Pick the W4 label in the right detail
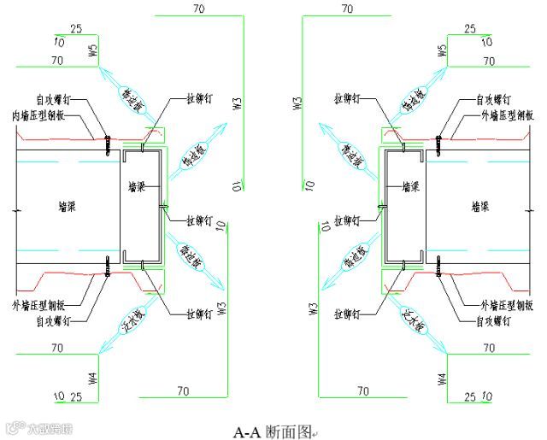coord(442,376)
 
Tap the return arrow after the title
coord(314,434)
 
